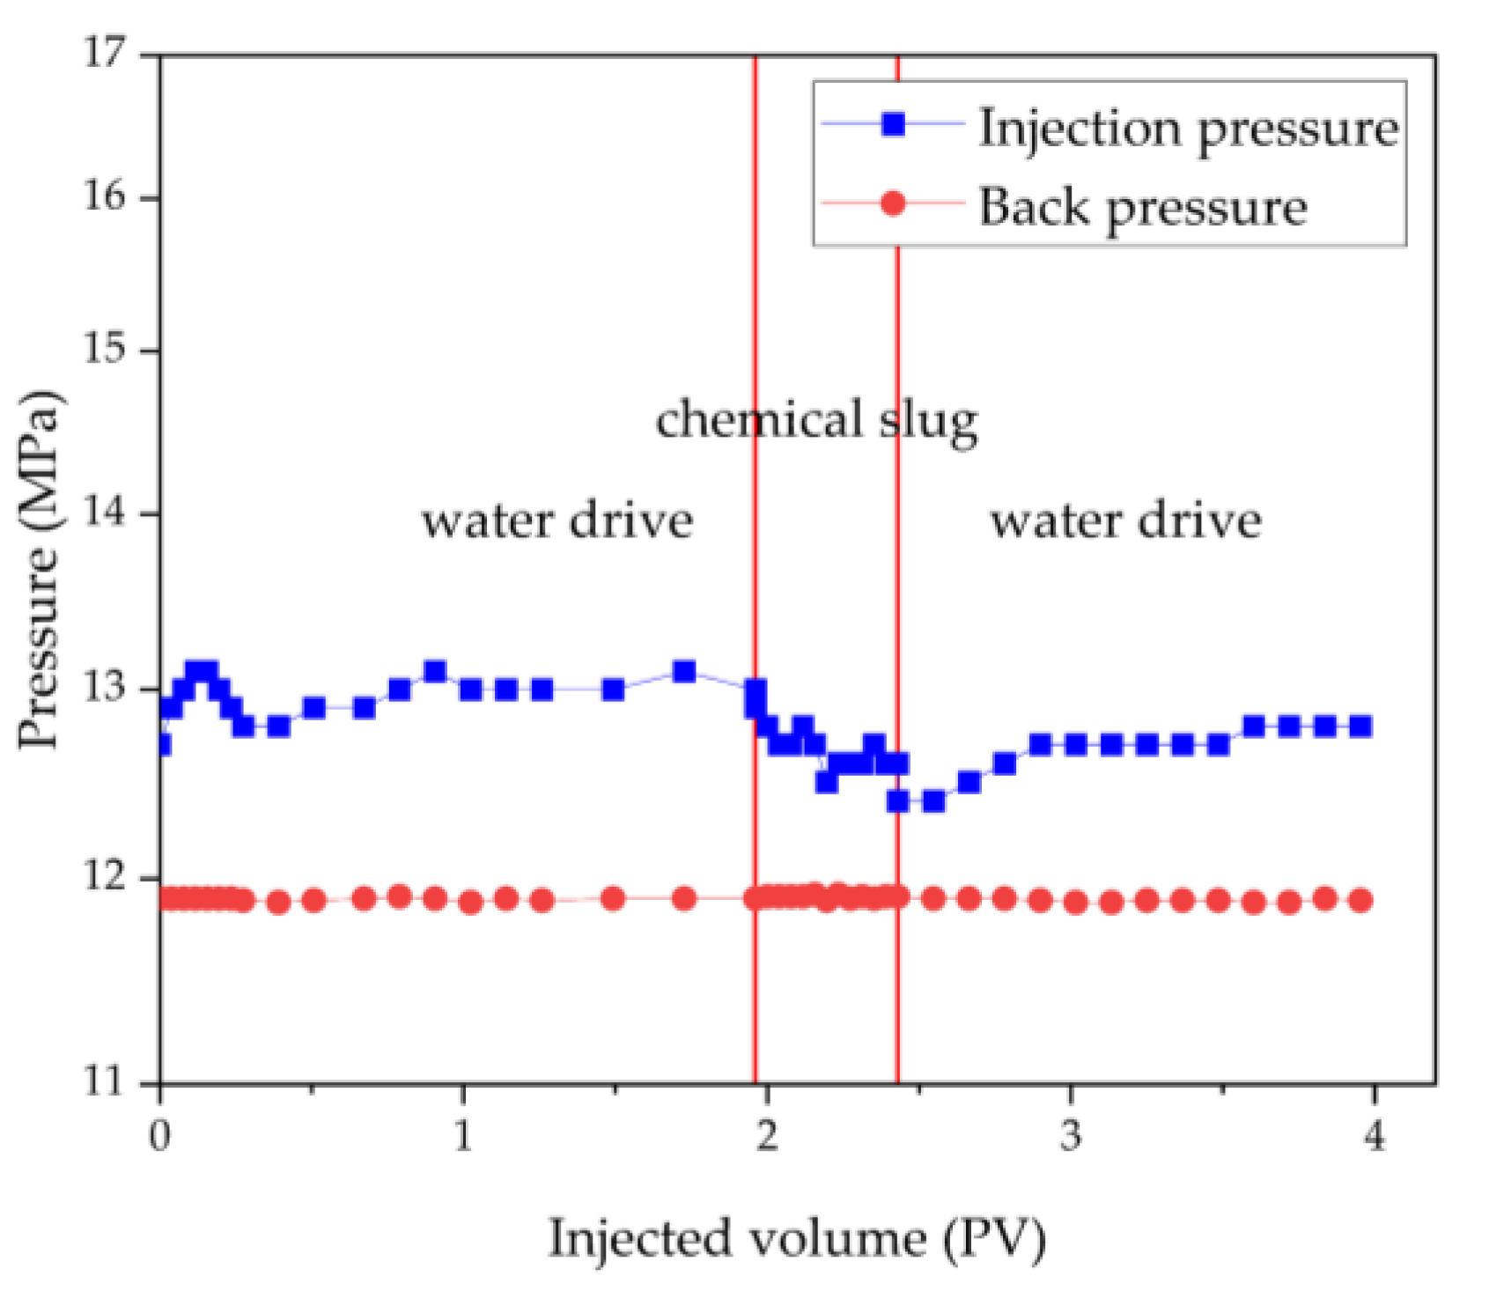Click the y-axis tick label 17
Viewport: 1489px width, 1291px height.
[x=105, y=53]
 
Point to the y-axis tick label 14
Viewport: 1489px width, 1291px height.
[x=105, y=513]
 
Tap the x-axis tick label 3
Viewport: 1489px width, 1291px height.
[x=1070, y=1136]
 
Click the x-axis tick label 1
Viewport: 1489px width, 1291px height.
[x=463, y=1136]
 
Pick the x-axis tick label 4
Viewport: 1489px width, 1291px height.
[x=1374, y=1136]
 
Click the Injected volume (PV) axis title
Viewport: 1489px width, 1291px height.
[x=797, y=1238]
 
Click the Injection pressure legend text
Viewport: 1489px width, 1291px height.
[x=1189, y=129]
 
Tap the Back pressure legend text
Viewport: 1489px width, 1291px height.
[x=1142, y=208]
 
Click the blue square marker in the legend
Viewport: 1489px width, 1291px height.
[x=893, y=124]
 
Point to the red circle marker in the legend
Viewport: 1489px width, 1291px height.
[x=893, y=204]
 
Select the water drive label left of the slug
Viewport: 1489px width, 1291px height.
[x=557, y=520]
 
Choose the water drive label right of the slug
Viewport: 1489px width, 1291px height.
[x=1126, y=520]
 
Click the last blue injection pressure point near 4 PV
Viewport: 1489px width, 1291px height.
[x=1360, y=727]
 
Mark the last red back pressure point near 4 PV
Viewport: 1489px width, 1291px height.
[x=1360, y=900]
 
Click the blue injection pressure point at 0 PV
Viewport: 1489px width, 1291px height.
[x=162, y=745]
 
